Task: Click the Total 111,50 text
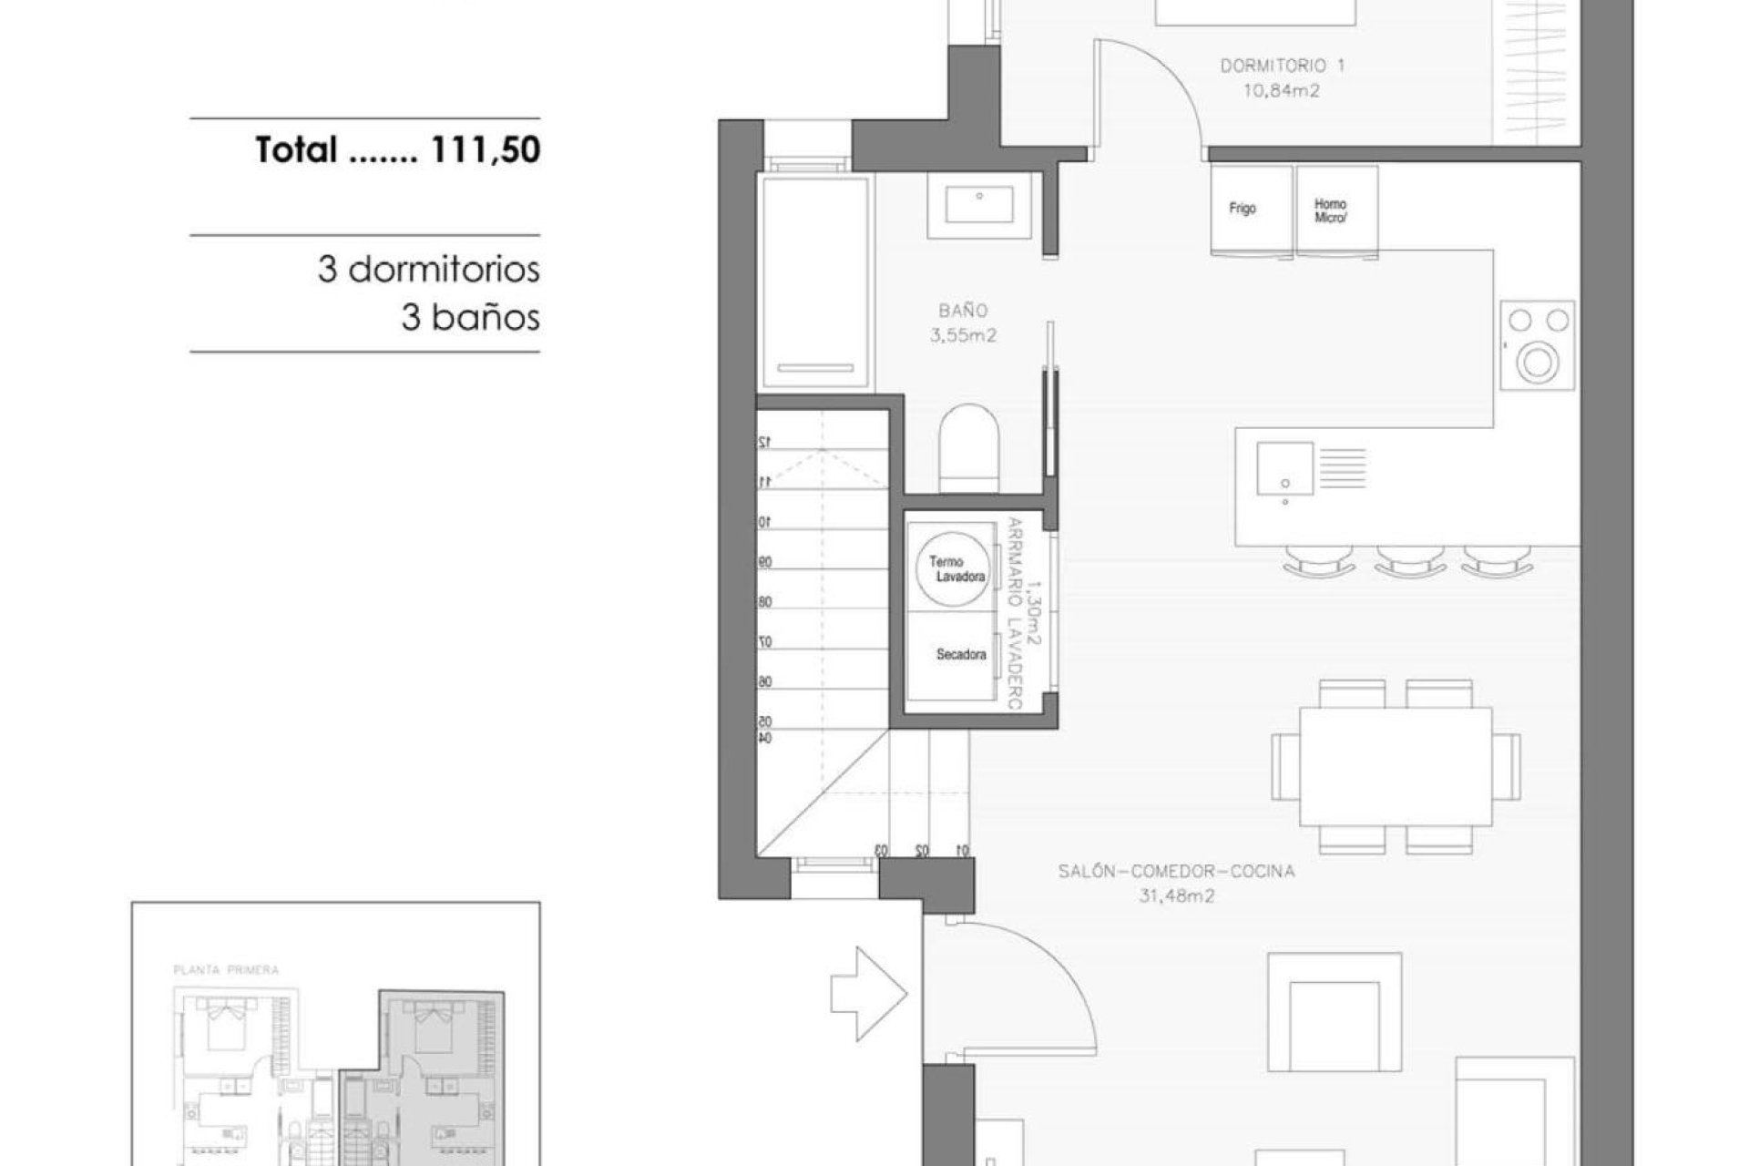[x=398, y=149]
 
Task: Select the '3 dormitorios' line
[x=428, y=270]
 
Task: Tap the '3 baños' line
[x=470, y=318]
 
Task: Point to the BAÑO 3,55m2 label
[x=963, y=323]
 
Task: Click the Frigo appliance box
[x=1250, y=209]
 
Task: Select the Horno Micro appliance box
[x=1335, y=209]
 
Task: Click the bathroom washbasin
[x=978, y=204]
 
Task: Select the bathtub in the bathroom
[x=814, y=282]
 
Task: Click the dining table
[x=1395, y=766]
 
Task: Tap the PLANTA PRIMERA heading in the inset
[x=226, y=970]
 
